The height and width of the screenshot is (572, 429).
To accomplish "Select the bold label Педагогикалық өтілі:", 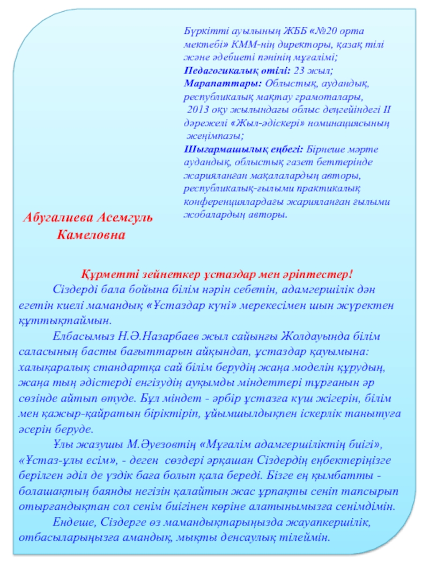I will coord(236,70).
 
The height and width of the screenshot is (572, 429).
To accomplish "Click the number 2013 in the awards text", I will coord(198,110).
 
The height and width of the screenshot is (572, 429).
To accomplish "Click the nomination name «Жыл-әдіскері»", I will coord(270,123).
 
